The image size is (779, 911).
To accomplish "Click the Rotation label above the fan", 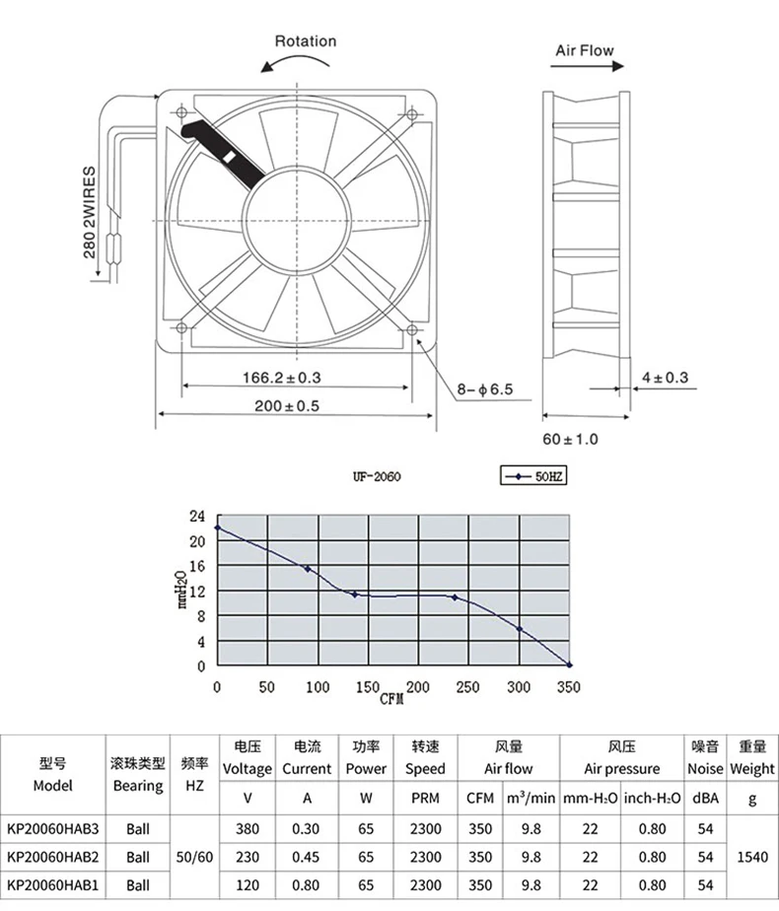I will [305, 41].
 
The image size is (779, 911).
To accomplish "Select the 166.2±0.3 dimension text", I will [282, 377].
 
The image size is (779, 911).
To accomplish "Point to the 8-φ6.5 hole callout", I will [484, 389].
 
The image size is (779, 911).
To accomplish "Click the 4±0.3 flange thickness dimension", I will [665, 377].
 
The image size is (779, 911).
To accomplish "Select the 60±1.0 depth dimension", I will [570, 439].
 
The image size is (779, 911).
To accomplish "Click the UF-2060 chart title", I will [376, 477].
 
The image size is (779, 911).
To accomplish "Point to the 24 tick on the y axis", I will [196, 516].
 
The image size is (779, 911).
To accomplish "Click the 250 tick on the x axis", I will [467, 686].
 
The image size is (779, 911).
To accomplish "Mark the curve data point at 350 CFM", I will [569, 665].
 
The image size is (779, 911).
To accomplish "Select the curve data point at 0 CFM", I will [218, 527].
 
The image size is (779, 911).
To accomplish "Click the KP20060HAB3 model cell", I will [53, 829].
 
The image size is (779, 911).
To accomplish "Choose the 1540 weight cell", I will [751, 857].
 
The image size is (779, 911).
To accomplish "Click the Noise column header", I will [705, 768].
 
